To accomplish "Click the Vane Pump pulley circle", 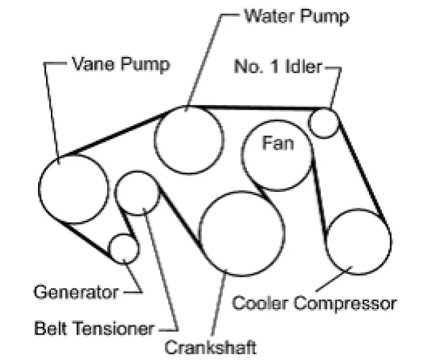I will (73, 189).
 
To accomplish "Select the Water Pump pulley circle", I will (189, 140).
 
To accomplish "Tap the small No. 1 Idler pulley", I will (324, 123).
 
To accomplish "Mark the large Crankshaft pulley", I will (241, 233).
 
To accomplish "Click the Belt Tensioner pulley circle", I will (138, 193).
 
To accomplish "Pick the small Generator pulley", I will (124, 248).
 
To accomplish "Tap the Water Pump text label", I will (297, 15).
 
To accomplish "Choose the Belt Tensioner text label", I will (94, 329).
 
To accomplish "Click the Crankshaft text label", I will (212, 348).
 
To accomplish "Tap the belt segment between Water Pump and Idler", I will (258, 106).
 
